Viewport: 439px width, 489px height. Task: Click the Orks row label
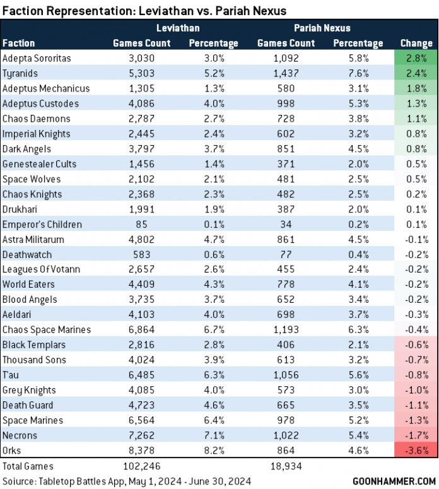(11, 451)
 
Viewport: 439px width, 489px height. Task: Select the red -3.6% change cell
(416, 451)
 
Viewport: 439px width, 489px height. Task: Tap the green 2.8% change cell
(416, 58)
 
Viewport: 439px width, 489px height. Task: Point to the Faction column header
(19, 44)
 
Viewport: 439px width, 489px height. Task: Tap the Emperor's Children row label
(42, 224)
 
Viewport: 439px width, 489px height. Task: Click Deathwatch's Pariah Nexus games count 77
(286, 254)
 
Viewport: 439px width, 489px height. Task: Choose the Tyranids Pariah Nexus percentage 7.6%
(358, 73)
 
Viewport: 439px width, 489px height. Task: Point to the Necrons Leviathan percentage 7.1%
(213, 435)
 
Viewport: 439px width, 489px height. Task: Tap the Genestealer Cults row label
(39, 164)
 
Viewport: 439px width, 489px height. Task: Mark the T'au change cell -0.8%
(416, 375)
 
